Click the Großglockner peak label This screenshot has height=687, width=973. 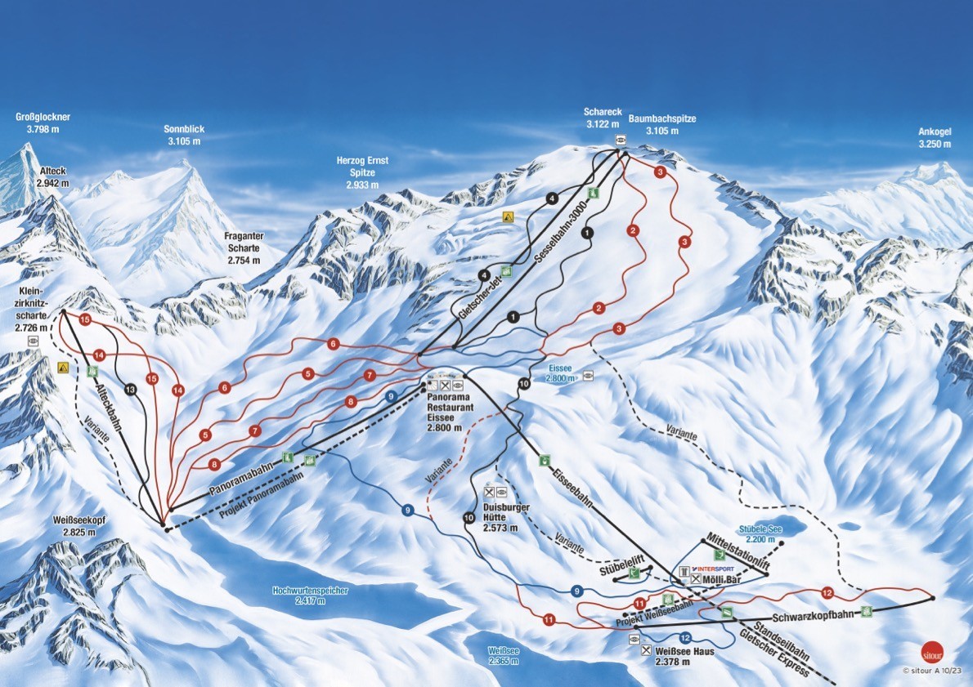(x=43, y=123)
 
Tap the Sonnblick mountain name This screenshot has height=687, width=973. (x=184, y=135)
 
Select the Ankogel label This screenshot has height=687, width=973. (x=935, y=138)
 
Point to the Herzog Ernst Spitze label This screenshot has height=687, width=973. (x=362, y=172)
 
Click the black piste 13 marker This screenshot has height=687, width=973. (x=131, y=389)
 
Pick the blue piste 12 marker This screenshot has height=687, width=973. (x=685, y=637)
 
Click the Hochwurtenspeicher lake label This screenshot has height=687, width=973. (x=311, y=595)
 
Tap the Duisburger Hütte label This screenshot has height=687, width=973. (x=506, y=518)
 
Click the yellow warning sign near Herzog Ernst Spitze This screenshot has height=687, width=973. (x=508, y=216)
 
